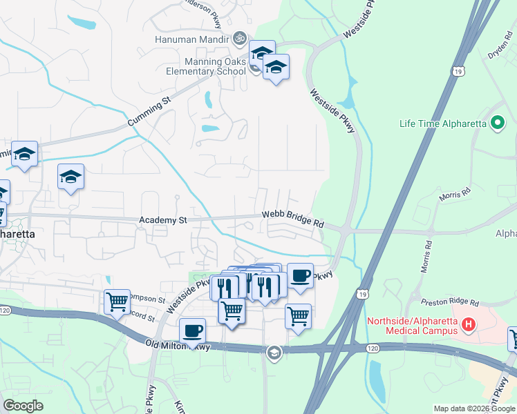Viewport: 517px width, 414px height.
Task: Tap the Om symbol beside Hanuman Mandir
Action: click(x=240, y=38)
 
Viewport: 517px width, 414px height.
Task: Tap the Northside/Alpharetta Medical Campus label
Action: click(x=412, y=326)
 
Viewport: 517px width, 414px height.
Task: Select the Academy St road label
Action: click(x=163, y=220)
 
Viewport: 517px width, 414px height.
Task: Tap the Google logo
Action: click(x=23, y=406)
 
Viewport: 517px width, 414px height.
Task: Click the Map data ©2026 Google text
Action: click(x=474, y=408)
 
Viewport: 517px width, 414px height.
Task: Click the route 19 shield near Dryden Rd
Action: click(x=459, y=71)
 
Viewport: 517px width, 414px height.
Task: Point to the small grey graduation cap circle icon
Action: click(x=274, y=353)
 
